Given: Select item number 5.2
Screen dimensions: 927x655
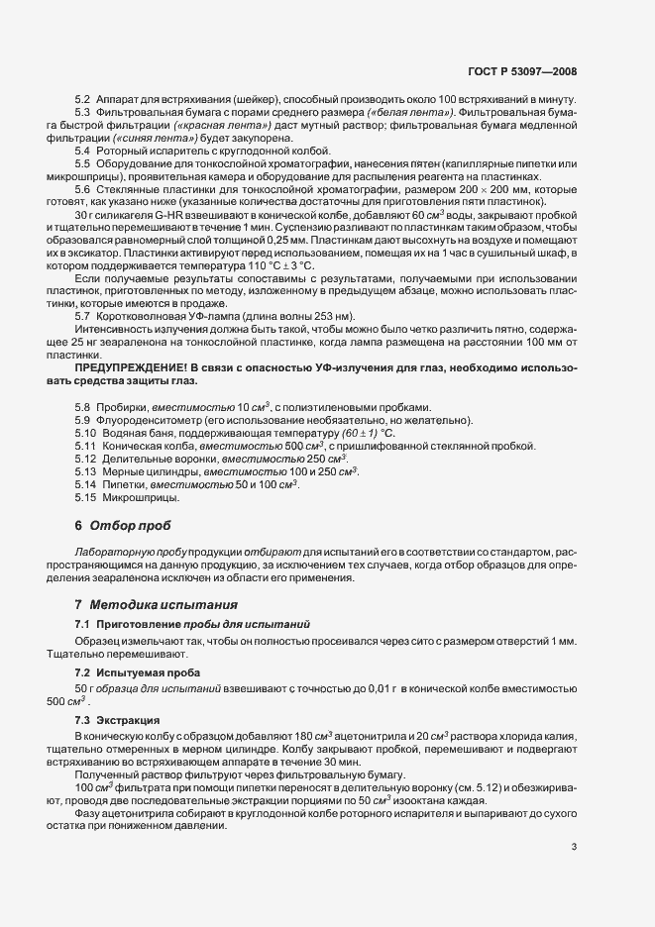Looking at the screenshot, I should (82, 102).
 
